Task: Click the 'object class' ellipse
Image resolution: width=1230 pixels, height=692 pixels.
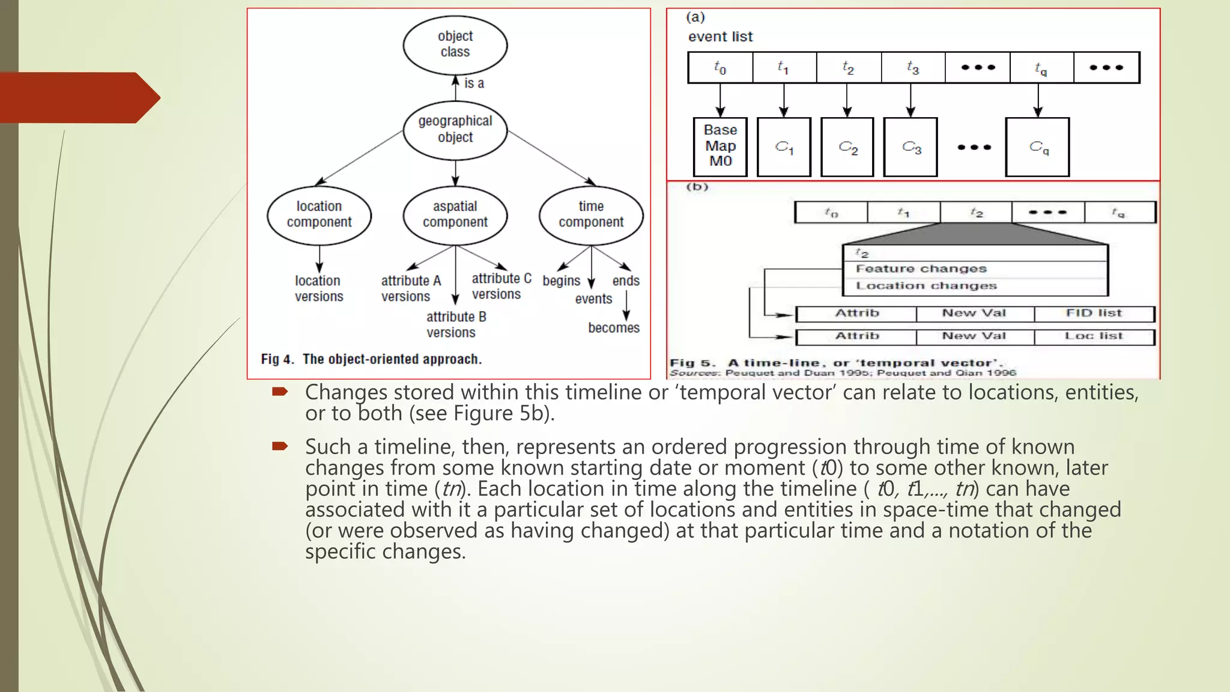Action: (x=455, y=44)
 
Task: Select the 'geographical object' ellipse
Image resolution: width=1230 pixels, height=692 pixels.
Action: (x=455, y=130)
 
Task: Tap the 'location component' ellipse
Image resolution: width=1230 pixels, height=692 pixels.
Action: (x=319, y=215)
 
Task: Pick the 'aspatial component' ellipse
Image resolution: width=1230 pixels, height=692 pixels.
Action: (x=455, y=215)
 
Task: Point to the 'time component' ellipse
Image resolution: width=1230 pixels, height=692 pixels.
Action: (x=591, y=215)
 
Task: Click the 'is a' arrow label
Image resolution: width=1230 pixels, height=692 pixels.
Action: (x=474, y=83)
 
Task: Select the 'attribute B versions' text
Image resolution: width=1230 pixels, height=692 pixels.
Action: (x=456, y=324)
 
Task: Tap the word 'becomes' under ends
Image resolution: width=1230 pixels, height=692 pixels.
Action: (x=613, y=328)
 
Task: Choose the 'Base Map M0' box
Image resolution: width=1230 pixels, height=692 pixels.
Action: (x=720, y=146)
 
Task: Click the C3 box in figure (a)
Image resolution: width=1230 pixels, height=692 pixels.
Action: (x=910, y=147)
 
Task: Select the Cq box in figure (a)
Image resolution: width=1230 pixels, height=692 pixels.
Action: (x=1037, y=147)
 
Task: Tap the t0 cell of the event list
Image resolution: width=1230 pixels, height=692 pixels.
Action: (x=720, y=68)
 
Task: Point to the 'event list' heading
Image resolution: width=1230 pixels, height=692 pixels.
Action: (x=720, y=37)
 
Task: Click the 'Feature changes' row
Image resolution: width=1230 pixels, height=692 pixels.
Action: (x=921, y=269)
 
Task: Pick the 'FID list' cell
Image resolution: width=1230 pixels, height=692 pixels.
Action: (x=1094, y=314)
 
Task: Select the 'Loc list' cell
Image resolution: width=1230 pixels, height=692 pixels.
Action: (x=1094, y=336)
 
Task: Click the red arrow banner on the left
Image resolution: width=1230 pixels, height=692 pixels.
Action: (x=78, y=97)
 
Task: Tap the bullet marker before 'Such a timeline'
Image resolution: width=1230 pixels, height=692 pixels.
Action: (x=280, y=446)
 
